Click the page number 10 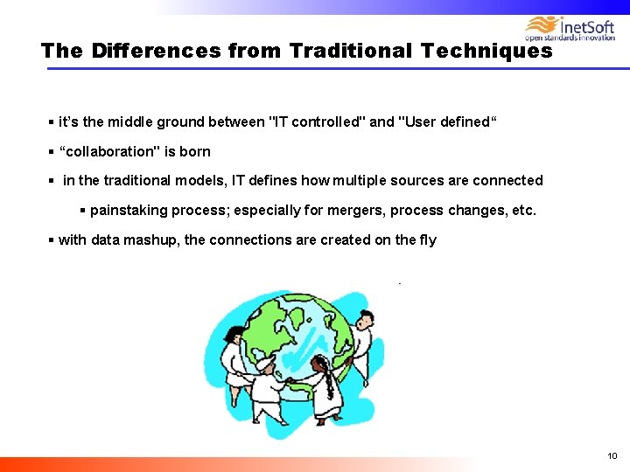tap(612, 455)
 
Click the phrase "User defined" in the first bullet tap(446, 121)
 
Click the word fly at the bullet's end tap(426, 239)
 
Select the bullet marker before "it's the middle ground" tap(52, 121)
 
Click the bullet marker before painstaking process tap(83, 211)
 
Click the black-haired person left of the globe tap(234, 350)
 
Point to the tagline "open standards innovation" tap(570, 38)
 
